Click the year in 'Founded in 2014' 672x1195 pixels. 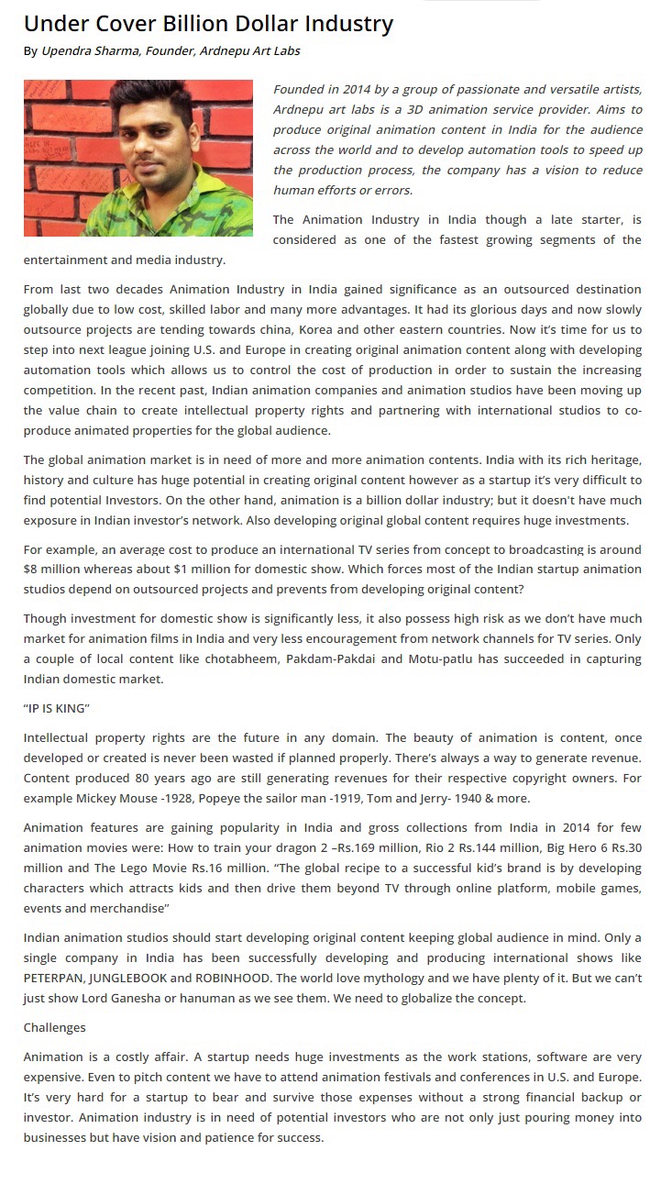[x=358, y=89]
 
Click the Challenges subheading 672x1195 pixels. [x=54, y=1027]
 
